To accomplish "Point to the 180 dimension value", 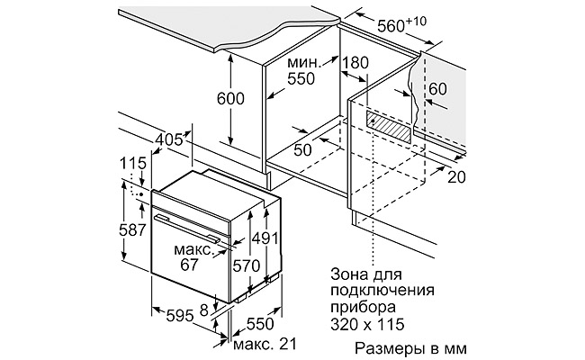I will point(356,64).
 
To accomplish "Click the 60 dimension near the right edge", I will point(437,88).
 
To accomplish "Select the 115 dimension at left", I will point(132,166).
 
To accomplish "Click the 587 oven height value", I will point(132,230).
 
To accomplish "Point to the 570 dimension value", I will point(245,266).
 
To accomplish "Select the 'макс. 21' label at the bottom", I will point(264,344).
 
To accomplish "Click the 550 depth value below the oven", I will point(260,322).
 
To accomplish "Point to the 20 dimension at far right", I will point(456,176).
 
